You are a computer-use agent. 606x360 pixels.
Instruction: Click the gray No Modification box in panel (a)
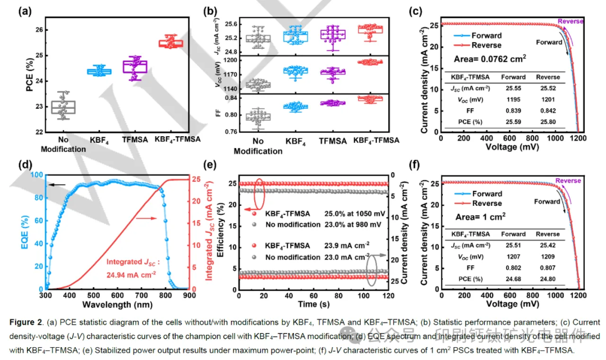point(63,107)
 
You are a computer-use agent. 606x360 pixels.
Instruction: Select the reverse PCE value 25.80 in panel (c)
point(548,121)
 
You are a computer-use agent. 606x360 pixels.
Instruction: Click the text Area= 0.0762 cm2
point(489,58)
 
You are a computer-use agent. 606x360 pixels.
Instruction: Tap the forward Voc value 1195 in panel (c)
point(513,99)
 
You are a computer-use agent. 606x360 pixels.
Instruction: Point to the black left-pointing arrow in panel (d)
point(59,184)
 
